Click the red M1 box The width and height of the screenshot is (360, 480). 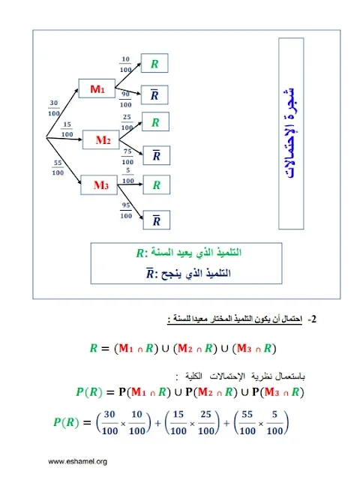97,88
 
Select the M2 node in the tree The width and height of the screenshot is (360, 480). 101,140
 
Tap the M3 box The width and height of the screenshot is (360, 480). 99,185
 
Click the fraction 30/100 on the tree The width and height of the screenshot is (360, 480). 54,108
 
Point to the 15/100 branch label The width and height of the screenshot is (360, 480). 67,130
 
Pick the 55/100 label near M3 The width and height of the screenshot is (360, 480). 58,168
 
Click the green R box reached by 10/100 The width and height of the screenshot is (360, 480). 154,63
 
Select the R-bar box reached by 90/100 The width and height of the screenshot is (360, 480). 154,95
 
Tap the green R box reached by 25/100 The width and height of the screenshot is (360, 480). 155,121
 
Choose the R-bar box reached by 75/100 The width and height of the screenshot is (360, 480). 157,155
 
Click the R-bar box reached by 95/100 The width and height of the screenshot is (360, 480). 157,220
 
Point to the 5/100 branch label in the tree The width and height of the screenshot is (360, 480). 128,175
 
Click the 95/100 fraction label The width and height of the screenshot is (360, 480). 126,210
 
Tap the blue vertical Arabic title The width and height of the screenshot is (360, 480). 291,133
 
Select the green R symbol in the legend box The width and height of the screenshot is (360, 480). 139,253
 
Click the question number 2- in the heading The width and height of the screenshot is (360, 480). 312,319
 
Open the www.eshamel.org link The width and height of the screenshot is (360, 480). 77,462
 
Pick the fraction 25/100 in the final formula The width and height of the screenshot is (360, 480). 205,423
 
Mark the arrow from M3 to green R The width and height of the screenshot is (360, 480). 130,184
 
